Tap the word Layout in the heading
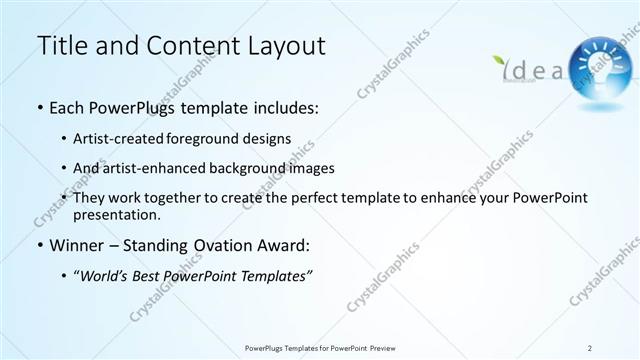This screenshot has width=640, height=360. pyautogui.click(x=283, y=46)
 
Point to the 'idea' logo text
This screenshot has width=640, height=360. pyautogui.click(x=531, y=69)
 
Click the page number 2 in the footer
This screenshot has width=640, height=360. pyautogui.click(x=590, y=347)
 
